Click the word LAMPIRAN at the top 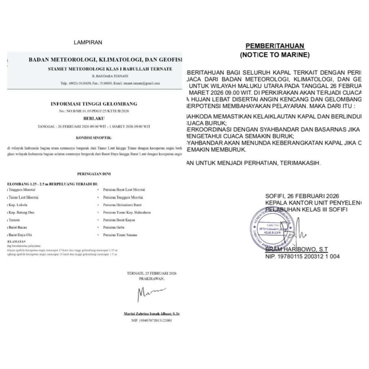(x=88, y=42)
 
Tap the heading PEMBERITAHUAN (x=275, y=46)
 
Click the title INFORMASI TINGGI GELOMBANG (x=94, y=104)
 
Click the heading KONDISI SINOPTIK (x=94, y=138)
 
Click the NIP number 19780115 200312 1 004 (x=302, y=257)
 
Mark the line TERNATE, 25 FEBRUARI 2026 (x=151, y=273)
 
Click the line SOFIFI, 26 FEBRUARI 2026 (x=302, y=196)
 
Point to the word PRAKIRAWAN (x=151, y=279)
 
